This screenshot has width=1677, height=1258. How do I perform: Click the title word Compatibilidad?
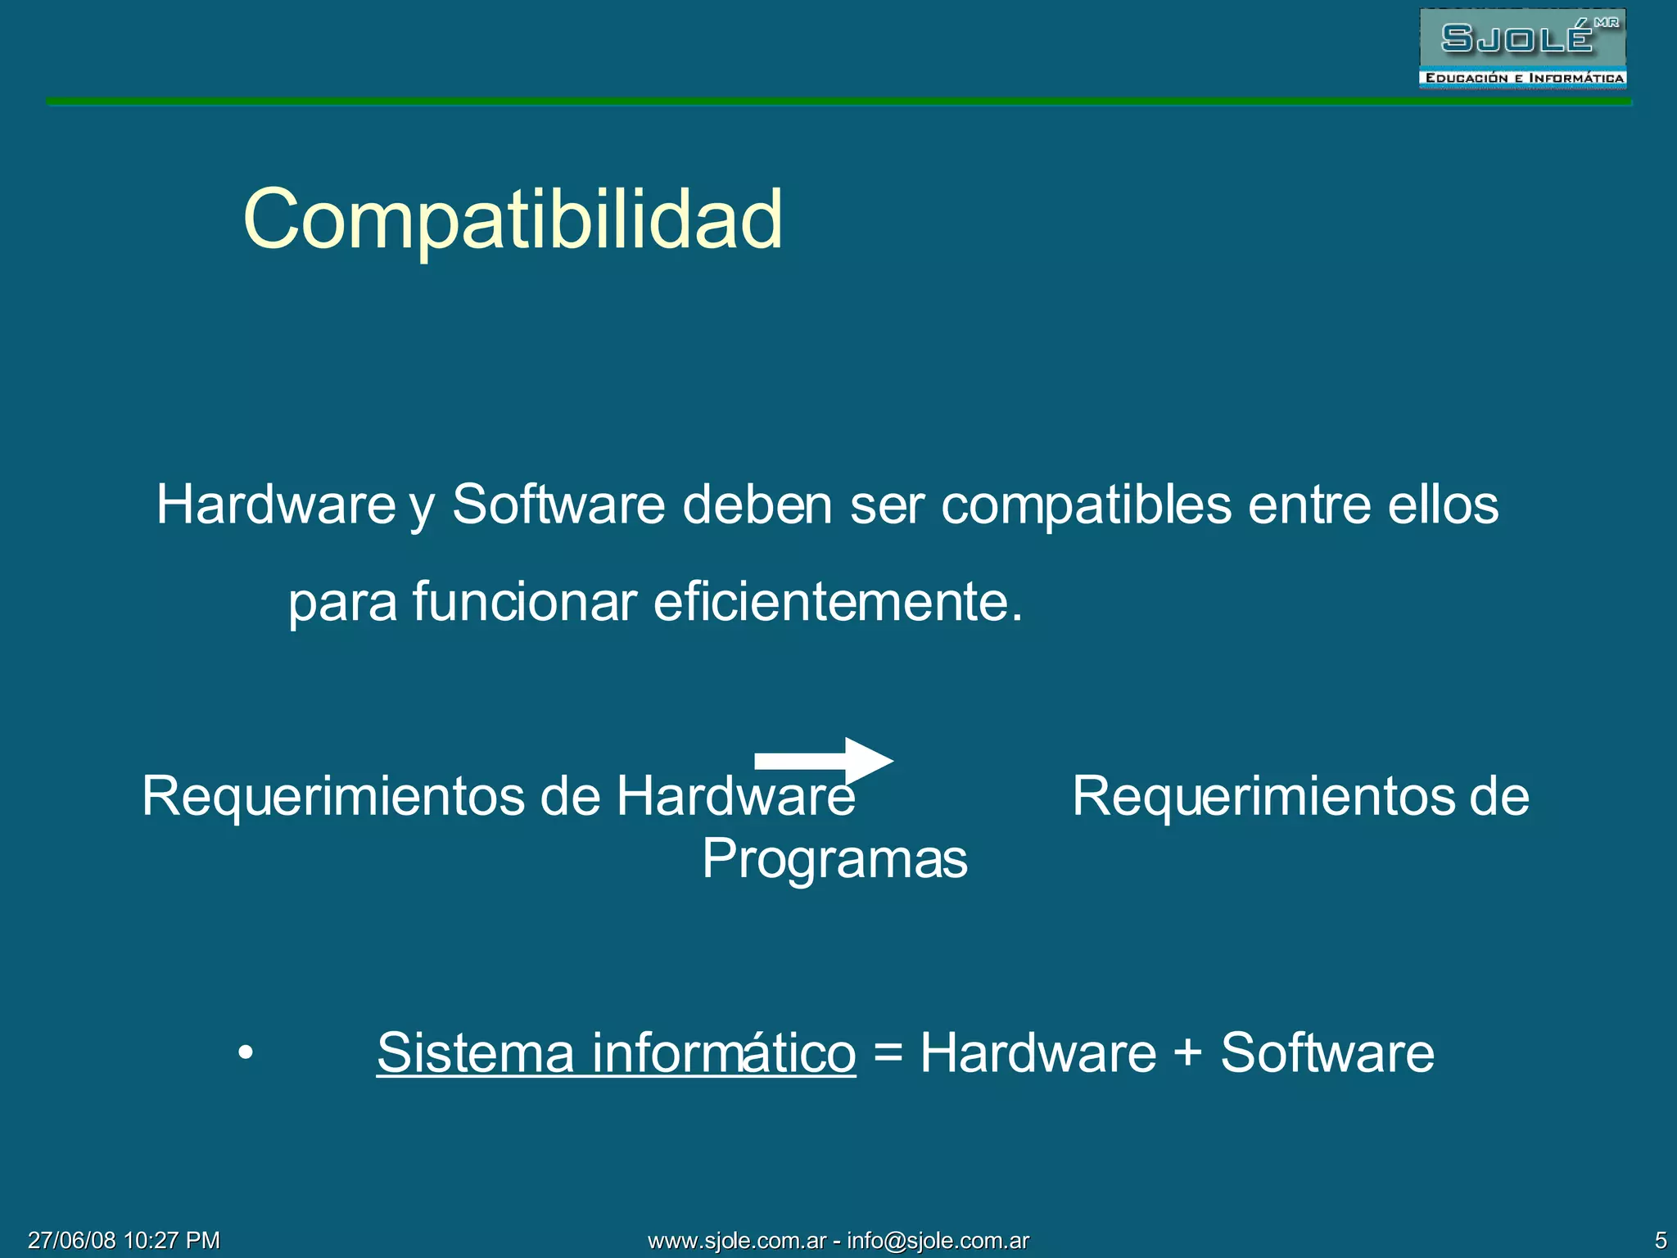[513, 219]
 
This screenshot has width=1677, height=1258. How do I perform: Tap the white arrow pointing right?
[823, 761]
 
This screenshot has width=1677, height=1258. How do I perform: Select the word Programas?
[834, 859]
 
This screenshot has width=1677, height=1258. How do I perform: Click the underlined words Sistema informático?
[616, 1052]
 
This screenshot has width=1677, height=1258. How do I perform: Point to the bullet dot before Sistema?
[246, 1052]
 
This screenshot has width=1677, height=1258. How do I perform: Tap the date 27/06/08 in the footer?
[72, 1240]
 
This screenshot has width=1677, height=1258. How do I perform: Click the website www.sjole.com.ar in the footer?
[737, 1241]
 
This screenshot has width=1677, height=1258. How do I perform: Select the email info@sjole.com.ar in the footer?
[938, 1241]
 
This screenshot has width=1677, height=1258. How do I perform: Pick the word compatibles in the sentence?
[1086, 505]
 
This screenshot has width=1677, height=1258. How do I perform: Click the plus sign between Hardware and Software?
[1187, 1053]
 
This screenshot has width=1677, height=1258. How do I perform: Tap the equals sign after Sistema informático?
[888, 1053]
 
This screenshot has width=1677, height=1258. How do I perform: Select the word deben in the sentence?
[757, 505]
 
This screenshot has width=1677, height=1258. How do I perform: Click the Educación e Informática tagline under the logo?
[1523, 79]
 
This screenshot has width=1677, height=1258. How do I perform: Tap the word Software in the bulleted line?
[1327, 1052]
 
